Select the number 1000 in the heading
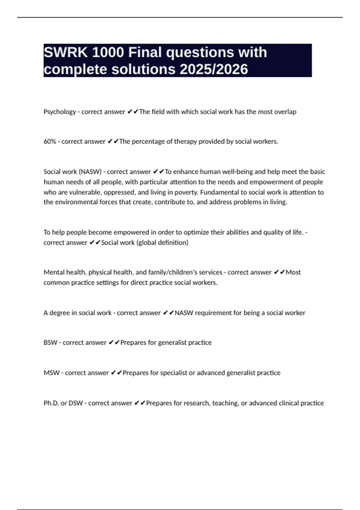[x=108, y=52]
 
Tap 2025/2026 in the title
[x=214, y=69]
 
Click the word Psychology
[x=60, y=112]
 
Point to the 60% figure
[x=50, y=142]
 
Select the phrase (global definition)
[x=162, y=243]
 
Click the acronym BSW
[x=50, y=343]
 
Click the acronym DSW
[x=76, y=403]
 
